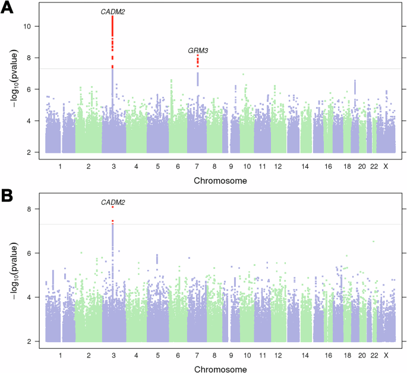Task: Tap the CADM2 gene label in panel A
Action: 112,11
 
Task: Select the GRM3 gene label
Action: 197,51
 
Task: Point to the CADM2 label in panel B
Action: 113,203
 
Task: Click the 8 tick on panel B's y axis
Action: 37,209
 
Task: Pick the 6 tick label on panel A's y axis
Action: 37,89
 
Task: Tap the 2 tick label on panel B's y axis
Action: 37,341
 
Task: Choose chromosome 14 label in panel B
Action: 305,356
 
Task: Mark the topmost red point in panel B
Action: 112,207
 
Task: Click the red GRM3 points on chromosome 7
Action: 197,60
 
